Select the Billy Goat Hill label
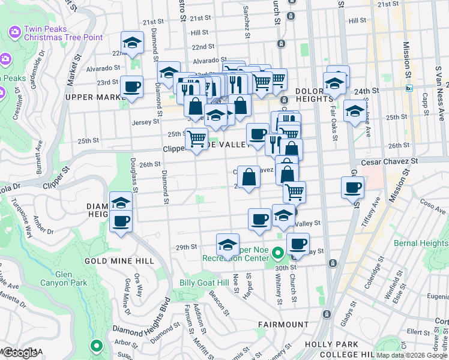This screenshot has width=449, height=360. coord(204,283)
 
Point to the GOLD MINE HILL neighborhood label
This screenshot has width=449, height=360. coord(119,261)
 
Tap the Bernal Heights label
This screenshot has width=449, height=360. coord(420,243)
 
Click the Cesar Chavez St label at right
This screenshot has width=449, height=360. coord(389,162)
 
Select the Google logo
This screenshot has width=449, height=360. coord(20,353)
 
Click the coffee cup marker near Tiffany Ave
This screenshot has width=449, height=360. coord(353,187)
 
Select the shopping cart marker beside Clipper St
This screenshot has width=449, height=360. coord(197,139)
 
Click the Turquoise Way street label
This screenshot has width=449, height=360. coord(28,223)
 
